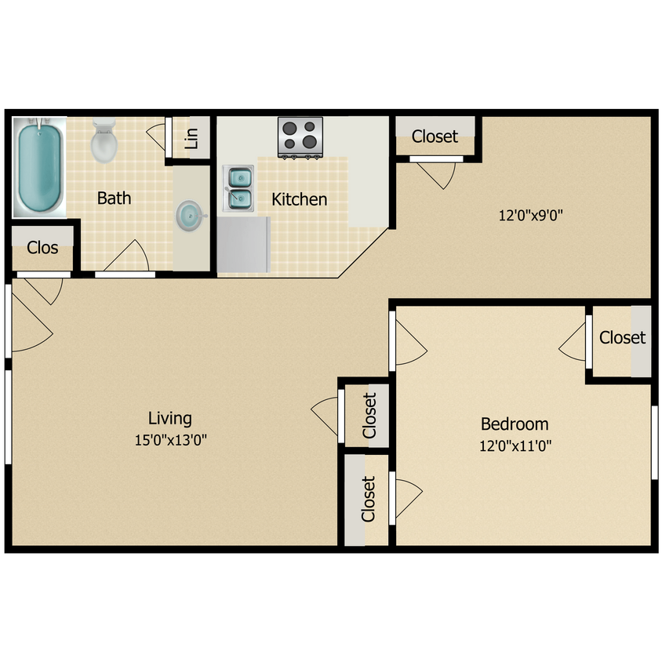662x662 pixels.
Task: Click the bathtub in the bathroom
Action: [x=39, y=166]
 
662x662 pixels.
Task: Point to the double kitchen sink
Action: [x=240, y=189]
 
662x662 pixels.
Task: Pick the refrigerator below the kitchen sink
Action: [x=244, y=244]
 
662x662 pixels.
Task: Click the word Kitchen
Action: [x=299, y=199]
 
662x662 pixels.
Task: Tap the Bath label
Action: [x=114, y=198]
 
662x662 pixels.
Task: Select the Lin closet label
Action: [x=191, y=138]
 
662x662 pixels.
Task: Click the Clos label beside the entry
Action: [x=42, y=248]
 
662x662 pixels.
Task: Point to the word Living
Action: [x=170, y=418]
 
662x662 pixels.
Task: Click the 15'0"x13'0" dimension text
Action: [x=170, y=440]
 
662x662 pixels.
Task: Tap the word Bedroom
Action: [x=515, y=424]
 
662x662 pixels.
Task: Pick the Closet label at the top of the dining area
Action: [x=435, y=136]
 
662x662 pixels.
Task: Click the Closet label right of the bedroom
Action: [x=622, y=337]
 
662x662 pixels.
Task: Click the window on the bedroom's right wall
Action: [x=653, y=442]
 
